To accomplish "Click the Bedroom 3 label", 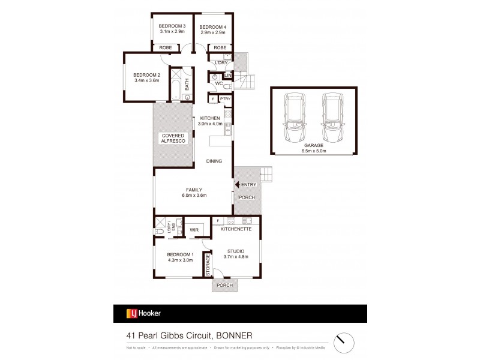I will click(x=172, y=26).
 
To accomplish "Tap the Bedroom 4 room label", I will click(x=212, y=26).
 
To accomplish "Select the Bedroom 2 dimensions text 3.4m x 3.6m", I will click(x=146, y=80).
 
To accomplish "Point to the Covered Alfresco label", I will click(x=173, y=139).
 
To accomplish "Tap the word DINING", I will click(x=214, y=161).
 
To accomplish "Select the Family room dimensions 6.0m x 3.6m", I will click(x=193, y=195).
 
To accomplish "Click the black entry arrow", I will click(x=238, y=184).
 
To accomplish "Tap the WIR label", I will click(x=194, y=229).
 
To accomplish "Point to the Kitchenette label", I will click(x=235, y=229).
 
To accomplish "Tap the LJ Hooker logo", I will click(x=143, y=313).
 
